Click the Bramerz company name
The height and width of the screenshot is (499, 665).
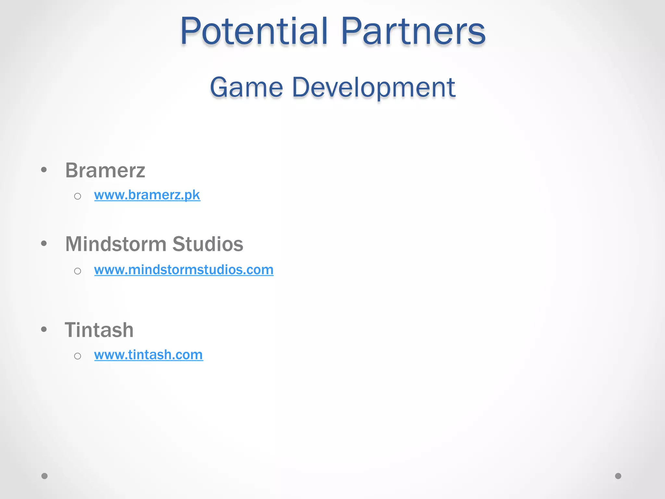(x=105, y=170)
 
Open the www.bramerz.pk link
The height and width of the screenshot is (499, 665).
(x=147, y=195)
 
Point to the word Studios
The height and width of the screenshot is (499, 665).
(x=208, y=244)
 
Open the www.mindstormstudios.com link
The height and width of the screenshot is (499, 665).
(x=184, y=270)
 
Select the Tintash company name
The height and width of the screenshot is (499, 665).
(x=99, y=330)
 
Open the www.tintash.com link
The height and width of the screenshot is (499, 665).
(x=149, y=355)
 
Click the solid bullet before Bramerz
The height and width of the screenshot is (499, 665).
(x=44, y=170)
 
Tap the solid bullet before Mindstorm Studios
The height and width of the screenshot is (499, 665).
(x=44, y=243)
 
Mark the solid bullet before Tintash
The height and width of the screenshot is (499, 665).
(x=44, y=329)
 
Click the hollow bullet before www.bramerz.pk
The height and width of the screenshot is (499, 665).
(x=77, y=196)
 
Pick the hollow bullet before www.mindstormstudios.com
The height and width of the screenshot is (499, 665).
(x=77, y=271)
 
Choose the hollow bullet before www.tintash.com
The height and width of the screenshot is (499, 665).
(x=77, y=356)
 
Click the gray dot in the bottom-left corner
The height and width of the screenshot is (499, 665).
(x=44, y=476)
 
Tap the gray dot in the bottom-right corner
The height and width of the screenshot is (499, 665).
(x=618, y=476)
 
